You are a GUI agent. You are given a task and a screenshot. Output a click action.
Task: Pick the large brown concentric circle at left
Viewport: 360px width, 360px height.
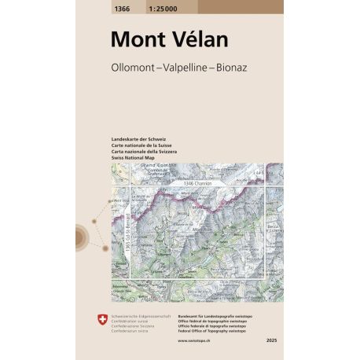(81, 235)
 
